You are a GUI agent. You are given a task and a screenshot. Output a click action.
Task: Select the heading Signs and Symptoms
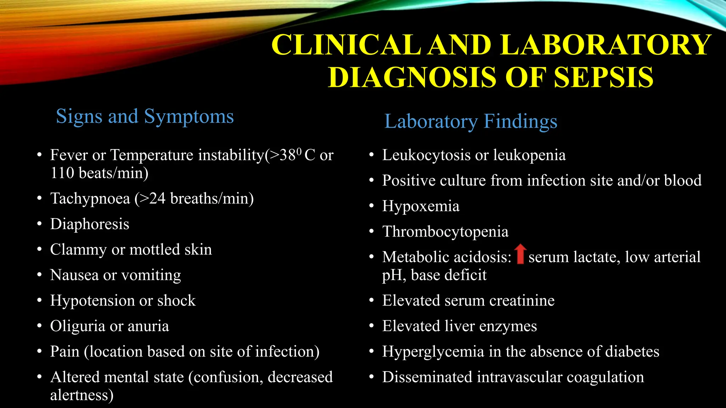pyautogui.click(x=145, y=117)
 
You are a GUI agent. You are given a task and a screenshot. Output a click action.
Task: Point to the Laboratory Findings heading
pyautogui.click(x=471, y=122)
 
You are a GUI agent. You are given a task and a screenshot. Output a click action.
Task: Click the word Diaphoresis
pyautogui.click(x=90, y=224)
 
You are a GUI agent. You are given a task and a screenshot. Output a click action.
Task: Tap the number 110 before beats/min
pyautogui.click(x=62, y=173)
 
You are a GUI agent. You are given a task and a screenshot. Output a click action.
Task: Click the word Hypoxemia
pyautogui.click(x=420, y=206)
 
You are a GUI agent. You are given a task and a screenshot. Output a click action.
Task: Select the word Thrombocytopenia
pyautogui.click(x=445, y=232)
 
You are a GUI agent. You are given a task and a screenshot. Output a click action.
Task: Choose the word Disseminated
pyautogui.click(x=427, y=377)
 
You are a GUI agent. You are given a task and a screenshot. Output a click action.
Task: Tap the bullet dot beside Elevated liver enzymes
pyautogui.click(x=371, y=326)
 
